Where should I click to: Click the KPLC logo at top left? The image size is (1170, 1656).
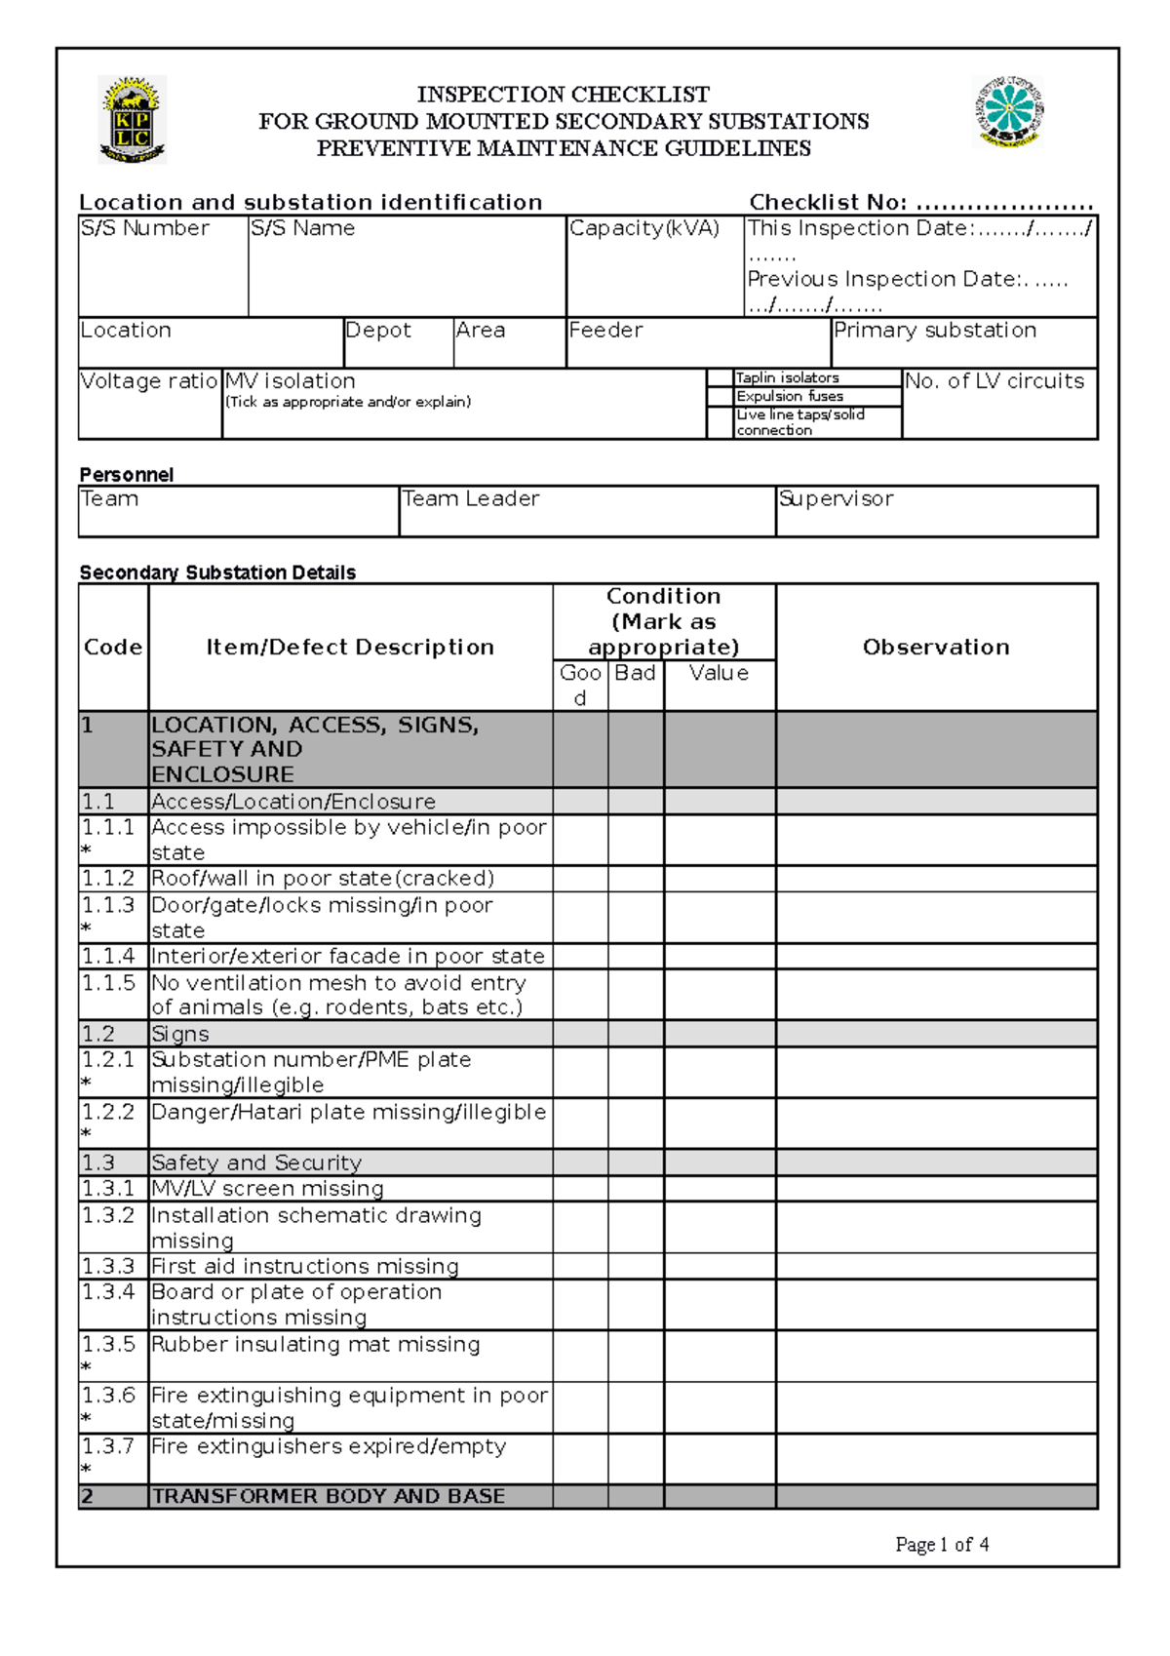coord(133,119)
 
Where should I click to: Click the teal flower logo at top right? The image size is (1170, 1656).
coord(1009,112)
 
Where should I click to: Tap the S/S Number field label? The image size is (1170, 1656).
coord(144,228)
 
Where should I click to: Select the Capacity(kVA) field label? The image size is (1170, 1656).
coord(644,228)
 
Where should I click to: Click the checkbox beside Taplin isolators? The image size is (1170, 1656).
coord(720,377)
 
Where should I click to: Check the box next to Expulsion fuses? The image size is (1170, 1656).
coord(720,396)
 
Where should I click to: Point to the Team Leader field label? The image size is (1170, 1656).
coord(471,499)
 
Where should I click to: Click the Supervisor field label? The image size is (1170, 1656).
coord(836,499)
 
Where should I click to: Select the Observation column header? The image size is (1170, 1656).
coord(936,647)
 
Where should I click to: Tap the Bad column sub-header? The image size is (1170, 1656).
coord(635,673)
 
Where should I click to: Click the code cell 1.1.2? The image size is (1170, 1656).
coord(108,878)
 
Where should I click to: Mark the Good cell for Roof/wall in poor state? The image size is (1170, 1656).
coord(580,878)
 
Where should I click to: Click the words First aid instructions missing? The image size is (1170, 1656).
coord(305,1266)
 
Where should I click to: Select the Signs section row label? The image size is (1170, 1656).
coord(180,1034)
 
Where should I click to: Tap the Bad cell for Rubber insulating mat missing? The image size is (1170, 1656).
coord(635,1356)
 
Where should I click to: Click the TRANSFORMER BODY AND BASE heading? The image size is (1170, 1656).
coord(329,1496)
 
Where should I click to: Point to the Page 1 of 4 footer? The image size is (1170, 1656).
coord(942,1544)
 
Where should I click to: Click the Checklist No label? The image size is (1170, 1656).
coord(828,202)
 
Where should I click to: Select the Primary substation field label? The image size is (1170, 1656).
coord(934,331)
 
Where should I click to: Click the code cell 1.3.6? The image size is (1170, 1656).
coord(108,1396)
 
